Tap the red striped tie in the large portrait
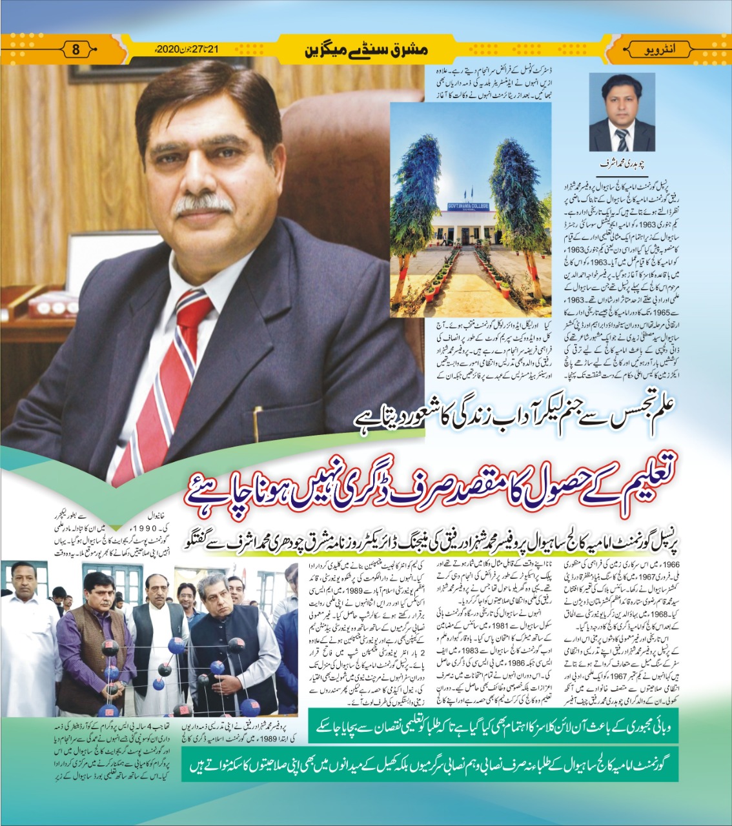click(x=165, y=374)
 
